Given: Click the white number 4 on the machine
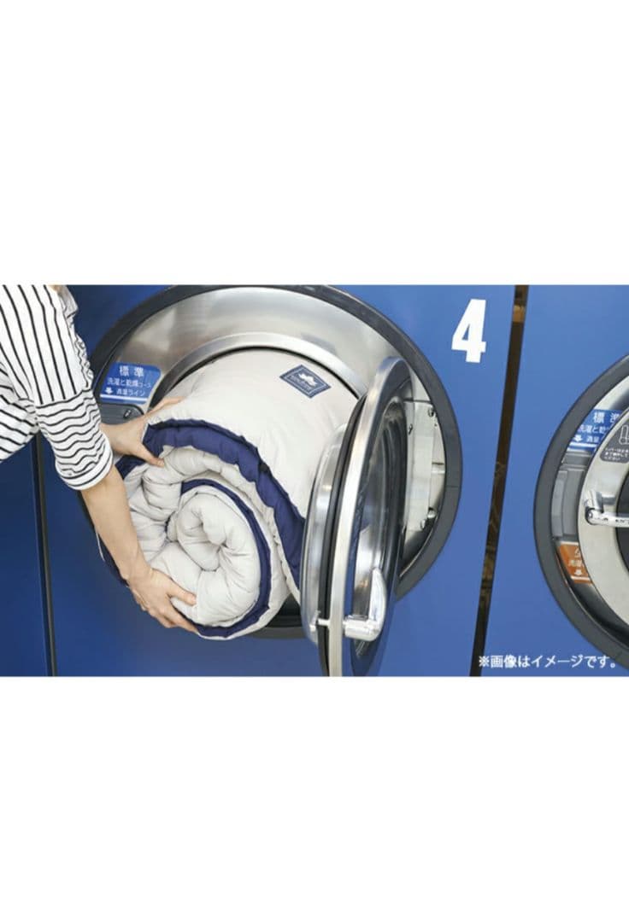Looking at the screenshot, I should (x=468, y=330).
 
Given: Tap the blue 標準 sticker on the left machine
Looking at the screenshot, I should (x=130, y=381).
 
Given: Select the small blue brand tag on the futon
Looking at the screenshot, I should (x=305, y=380).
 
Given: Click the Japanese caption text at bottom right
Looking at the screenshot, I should (x=547, y=661).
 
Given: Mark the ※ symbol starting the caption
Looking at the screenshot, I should (x=484, y=661).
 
